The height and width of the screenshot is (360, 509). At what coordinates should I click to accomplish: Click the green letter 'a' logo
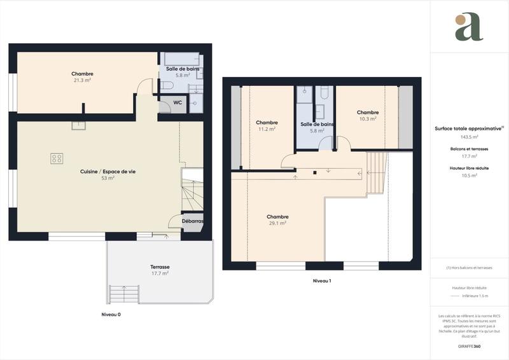click(x=469, y=27)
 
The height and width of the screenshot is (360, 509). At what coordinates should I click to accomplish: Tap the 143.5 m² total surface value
click(x=469, y=136)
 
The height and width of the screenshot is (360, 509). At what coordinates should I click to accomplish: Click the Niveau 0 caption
click(x=111, y=315)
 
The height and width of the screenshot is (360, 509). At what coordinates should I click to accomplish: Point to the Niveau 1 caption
click(x=322, y=280)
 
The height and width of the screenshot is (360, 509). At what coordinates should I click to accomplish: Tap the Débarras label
click(x=192, y=221)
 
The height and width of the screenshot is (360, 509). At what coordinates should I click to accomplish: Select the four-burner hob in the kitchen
click(x=57, y=158)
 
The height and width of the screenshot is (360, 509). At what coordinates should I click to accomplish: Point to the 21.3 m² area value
click(x=82, y=80)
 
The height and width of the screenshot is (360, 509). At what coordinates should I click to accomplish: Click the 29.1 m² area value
click(x=278, y=223)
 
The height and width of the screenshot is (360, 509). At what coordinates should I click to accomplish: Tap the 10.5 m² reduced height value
click(x=469, y=175)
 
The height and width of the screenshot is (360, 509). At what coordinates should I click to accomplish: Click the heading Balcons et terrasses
click(x=469, y=149)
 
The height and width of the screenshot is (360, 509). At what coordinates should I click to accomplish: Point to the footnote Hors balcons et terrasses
click(x=469, y=268)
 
